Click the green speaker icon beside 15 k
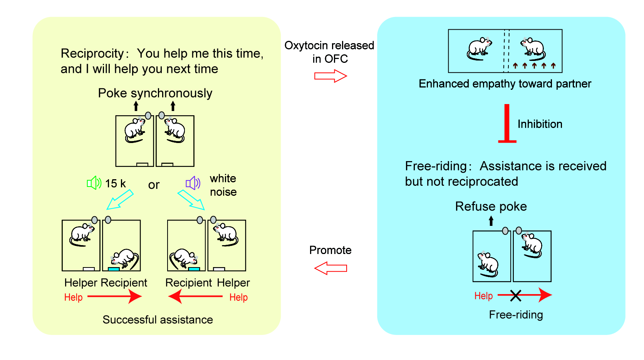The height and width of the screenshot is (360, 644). (x=94, y=183)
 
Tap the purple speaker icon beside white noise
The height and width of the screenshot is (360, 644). (x=193, y=183)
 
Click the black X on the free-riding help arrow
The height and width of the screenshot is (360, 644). (x=515, y=296)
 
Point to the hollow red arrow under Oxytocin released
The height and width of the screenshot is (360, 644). (x=330, y=76)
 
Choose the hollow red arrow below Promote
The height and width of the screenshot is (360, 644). (x=330, y=268)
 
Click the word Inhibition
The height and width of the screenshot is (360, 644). (x=540, y=124)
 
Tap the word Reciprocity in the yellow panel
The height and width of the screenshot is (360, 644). (x=92, y=54)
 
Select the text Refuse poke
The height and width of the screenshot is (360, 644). (x=491, y=207)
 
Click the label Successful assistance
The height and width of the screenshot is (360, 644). (x=158, y=320)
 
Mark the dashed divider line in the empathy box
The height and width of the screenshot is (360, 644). (x=506, y=51)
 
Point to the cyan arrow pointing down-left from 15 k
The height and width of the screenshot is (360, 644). (x=120, y=199)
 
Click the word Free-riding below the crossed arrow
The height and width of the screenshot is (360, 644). (x=516, y=315)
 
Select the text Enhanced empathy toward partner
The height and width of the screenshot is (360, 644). (x=505, y=84)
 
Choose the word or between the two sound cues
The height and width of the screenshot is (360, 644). (x=154, y=185)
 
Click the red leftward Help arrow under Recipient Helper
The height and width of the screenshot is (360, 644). (x=195, y=296)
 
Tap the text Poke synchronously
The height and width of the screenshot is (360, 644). (x=155, y=93)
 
